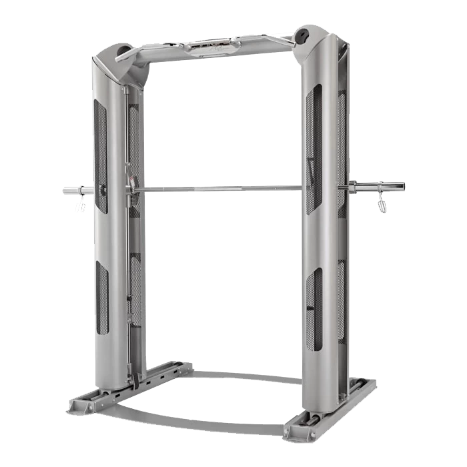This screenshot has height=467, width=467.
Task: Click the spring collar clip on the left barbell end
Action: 81,203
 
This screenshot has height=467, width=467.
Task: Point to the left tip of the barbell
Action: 65,190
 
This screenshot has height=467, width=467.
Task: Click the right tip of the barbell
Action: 403,185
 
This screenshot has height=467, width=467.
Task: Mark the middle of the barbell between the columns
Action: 220,189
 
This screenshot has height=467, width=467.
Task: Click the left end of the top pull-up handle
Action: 120,57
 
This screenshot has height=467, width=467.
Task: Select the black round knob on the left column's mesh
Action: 103,191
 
